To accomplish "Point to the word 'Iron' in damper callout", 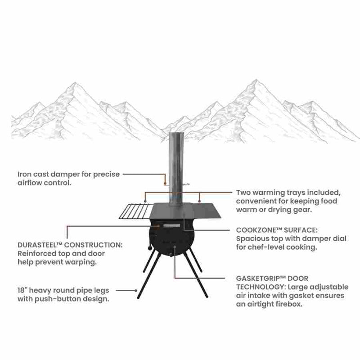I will [x=24, y=174].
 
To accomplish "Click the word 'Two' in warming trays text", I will [x=243, y=193].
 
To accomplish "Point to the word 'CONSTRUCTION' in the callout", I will [x=94, y=245].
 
